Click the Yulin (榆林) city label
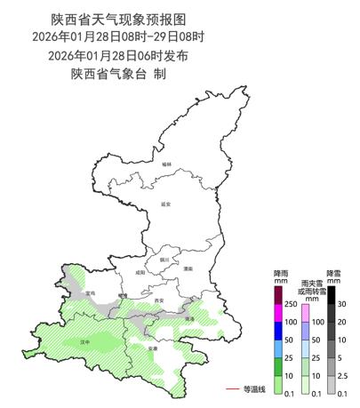pos(165,164)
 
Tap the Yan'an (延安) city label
pos(165,204)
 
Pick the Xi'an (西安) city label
pos(159,300)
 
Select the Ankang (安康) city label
pos(153,348)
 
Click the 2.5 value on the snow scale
pos(343,377)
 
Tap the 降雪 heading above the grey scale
pos(333,272)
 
